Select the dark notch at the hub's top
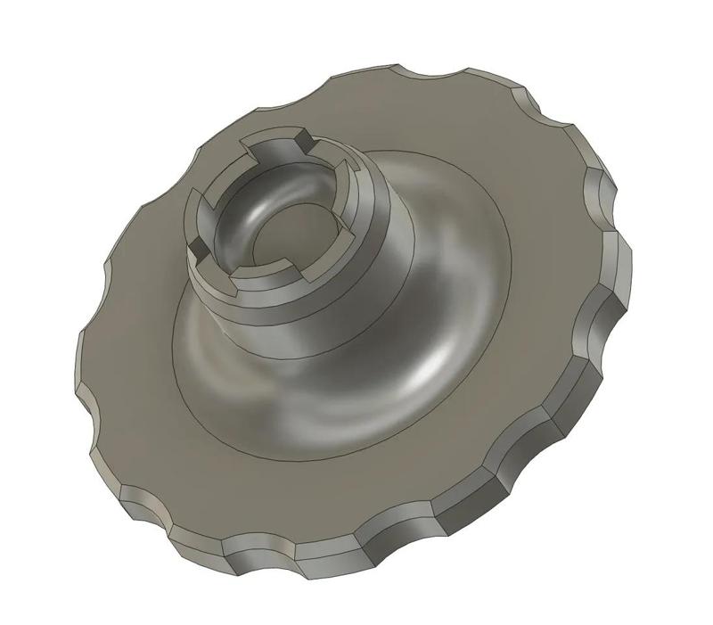[x=303, y=140]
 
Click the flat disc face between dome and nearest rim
[x=294, y=499]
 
